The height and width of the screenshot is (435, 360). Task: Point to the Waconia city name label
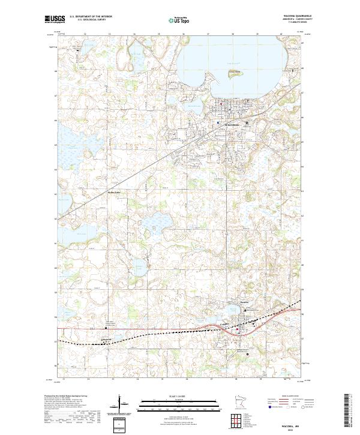[x=231, y=125]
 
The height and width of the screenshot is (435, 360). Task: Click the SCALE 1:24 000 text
[x=179, y=395]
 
